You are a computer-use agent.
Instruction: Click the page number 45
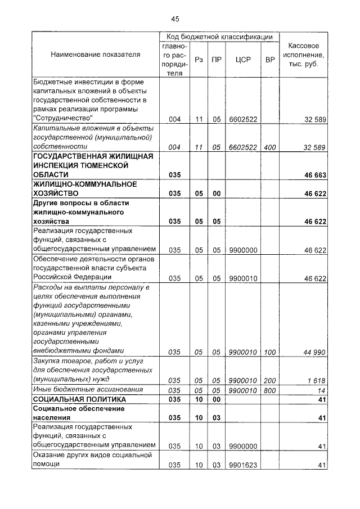[x=175, y=19]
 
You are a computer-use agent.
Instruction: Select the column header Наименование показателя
[x=95, y=55]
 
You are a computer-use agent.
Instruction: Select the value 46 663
[x=315, y=175]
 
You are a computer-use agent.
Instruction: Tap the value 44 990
[x=315, y=352]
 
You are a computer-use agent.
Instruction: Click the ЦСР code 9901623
[x=243, y=465]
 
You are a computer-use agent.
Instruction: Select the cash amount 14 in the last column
[x=322, y=390]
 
